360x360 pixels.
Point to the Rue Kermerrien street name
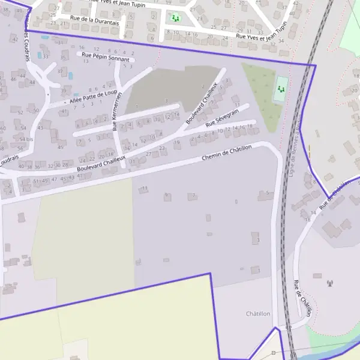[x=116, y=111]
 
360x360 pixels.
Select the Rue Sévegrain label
[x=223, y=116]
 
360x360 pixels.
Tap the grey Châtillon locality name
[x=258, y=314]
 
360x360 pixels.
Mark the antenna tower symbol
[x=329, y=282]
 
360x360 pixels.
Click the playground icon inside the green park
[x=280, y=89]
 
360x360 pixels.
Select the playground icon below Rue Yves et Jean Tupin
[x=175, y=18]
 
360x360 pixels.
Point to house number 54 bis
[x=26, y=139]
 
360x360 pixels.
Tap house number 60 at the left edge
[x=2, y=128]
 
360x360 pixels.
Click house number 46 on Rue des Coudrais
[x=13, y=79]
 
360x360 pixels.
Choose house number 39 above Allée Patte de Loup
[x=64, y=91]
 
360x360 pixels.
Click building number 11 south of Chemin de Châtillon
[x=145, y=188]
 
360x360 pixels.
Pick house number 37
[x=60, y=71]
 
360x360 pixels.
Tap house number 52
[x=20, y=112]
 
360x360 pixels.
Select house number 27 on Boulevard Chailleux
[x=148, y=154]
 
